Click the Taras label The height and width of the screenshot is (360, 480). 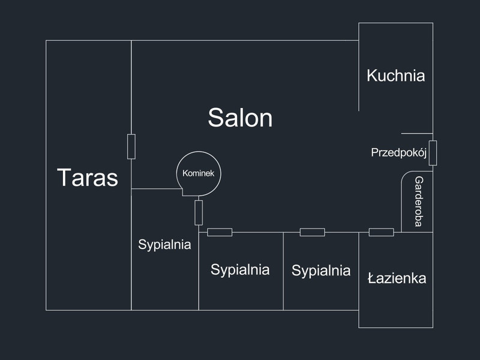click(x=88, y=178)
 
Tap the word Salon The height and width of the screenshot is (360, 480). click(x=240, y=118)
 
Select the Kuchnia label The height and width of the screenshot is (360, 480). click(x=396, y=76)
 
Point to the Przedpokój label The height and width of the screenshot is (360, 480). click(x=398, y=152)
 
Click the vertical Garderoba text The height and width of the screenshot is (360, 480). click(x=419, y=202)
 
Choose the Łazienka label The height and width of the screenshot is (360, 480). click(x=397, y=278)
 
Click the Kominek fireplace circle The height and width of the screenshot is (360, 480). click(x=199, y=173)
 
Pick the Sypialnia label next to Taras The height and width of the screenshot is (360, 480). click(x=164, y=244)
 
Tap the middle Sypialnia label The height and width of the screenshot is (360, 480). click(x=240, y=269)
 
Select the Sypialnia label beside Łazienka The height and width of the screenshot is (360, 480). click(x=321, y=271)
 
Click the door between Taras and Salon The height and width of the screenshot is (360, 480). click(x=131, y=146)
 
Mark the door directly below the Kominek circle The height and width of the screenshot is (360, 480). click(x=199, y=213)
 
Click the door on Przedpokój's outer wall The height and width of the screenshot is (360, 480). click(x=433, y=153)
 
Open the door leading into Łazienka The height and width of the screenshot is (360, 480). click(x=381, y=232)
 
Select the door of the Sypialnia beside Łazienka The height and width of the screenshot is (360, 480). click(x=312, y=232)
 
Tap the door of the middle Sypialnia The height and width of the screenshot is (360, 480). click(x=220, y=232)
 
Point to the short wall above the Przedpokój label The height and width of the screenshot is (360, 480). click(x=417, y=133)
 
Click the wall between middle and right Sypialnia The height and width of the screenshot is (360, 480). click(x=283, y=271)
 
